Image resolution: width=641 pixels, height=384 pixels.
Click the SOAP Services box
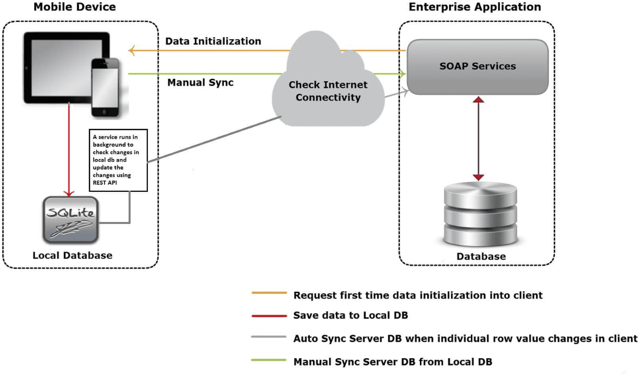(x=477, y=66)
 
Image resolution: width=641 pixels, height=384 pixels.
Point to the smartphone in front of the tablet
(x=106, y=88)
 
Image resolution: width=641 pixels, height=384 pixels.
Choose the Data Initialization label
(x=213, y=41)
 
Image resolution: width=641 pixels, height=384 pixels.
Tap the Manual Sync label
(x=200, y=82)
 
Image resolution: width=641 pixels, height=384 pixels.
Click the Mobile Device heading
(x=74, y=7)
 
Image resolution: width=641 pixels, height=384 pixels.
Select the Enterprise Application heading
(x=474, y=7)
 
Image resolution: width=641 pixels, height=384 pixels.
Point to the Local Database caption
(x=72, y=256)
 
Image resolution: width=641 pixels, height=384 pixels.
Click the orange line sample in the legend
(x=269, y=293)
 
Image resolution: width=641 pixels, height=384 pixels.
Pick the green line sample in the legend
(x=269, y=360)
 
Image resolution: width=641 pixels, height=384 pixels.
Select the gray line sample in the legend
(x=269, y=337)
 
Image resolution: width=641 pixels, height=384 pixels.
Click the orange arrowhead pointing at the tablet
(x=131, y=50)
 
